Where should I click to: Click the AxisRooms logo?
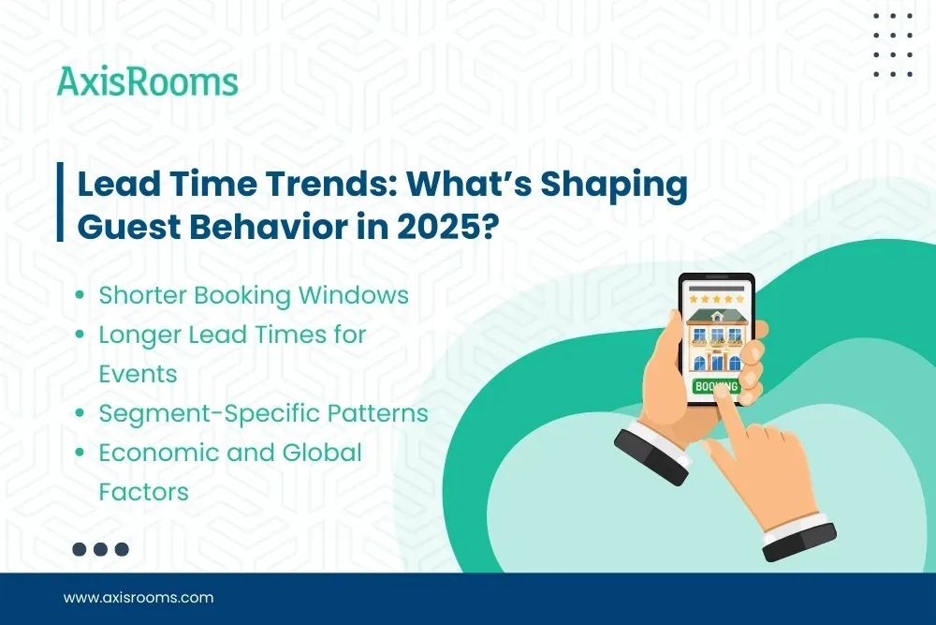tap(147, 82)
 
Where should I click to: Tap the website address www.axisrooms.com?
tap(139, 597)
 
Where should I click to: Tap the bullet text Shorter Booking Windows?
tap(254, 295)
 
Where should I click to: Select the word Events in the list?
tap(138, 374)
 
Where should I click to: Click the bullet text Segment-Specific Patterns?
tap(263, 413)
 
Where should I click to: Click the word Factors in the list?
tap(143, 491)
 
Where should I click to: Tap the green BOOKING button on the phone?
tap(715, 386)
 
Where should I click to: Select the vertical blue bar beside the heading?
tap(61, 202)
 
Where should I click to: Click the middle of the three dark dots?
tap(101, 549)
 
